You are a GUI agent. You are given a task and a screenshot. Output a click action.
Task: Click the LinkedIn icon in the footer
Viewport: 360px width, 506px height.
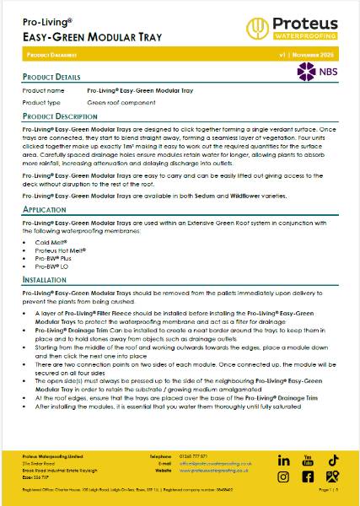click(x=283, y=460)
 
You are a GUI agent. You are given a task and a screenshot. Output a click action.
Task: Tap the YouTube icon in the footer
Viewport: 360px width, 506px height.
click(x=309, y=460)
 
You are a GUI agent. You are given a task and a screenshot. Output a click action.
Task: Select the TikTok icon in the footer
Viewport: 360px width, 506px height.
click(x=333, y=460)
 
